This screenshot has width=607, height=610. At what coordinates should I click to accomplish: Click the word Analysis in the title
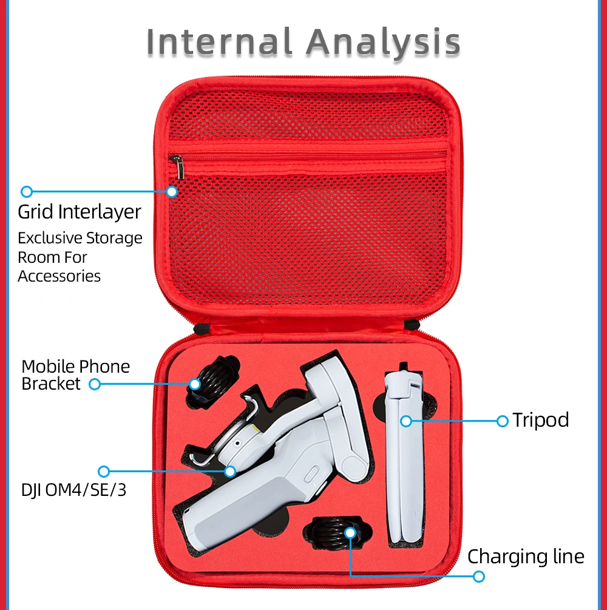(x=383, y=42)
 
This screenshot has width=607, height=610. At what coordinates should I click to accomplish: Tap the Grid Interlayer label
(x=80, y=212)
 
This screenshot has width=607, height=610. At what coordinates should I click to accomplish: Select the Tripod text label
(x=541, y=420)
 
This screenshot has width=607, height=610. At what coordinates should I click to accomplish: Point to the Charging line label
(x=526, y=557)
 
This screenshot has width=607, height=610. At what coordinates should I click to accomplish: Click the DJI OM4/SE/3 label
(x=74, y=490)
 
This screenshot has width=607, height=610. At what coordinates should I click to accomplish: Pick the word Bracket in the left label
(x=51, y=384)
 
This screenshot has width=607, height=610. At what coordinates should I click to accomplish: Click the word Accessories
(x=59, y=276)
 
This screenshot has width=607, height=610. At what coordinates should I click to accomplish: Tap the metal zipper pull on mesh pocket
(x=177, y=165)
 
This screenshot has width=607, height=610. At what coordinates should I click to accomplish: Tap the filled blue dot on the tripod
(x=406, y=420)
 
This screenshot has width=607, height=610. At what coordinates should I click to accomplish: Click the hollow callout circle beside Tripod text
(x=503, y=421)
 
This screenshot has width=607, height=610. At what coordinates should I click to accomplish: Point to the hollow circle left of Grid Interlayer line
(x=27, y=192)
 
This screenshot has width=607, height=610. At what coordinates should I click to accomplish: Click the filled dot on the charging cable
(x=350, y=532)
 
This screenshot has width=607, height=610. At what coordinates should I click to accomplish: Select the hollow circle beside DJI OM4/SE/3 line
(x=104, y=471)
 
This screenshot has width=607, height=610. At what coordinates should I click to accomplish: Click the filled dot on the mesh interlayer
(x=172, y=192)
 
